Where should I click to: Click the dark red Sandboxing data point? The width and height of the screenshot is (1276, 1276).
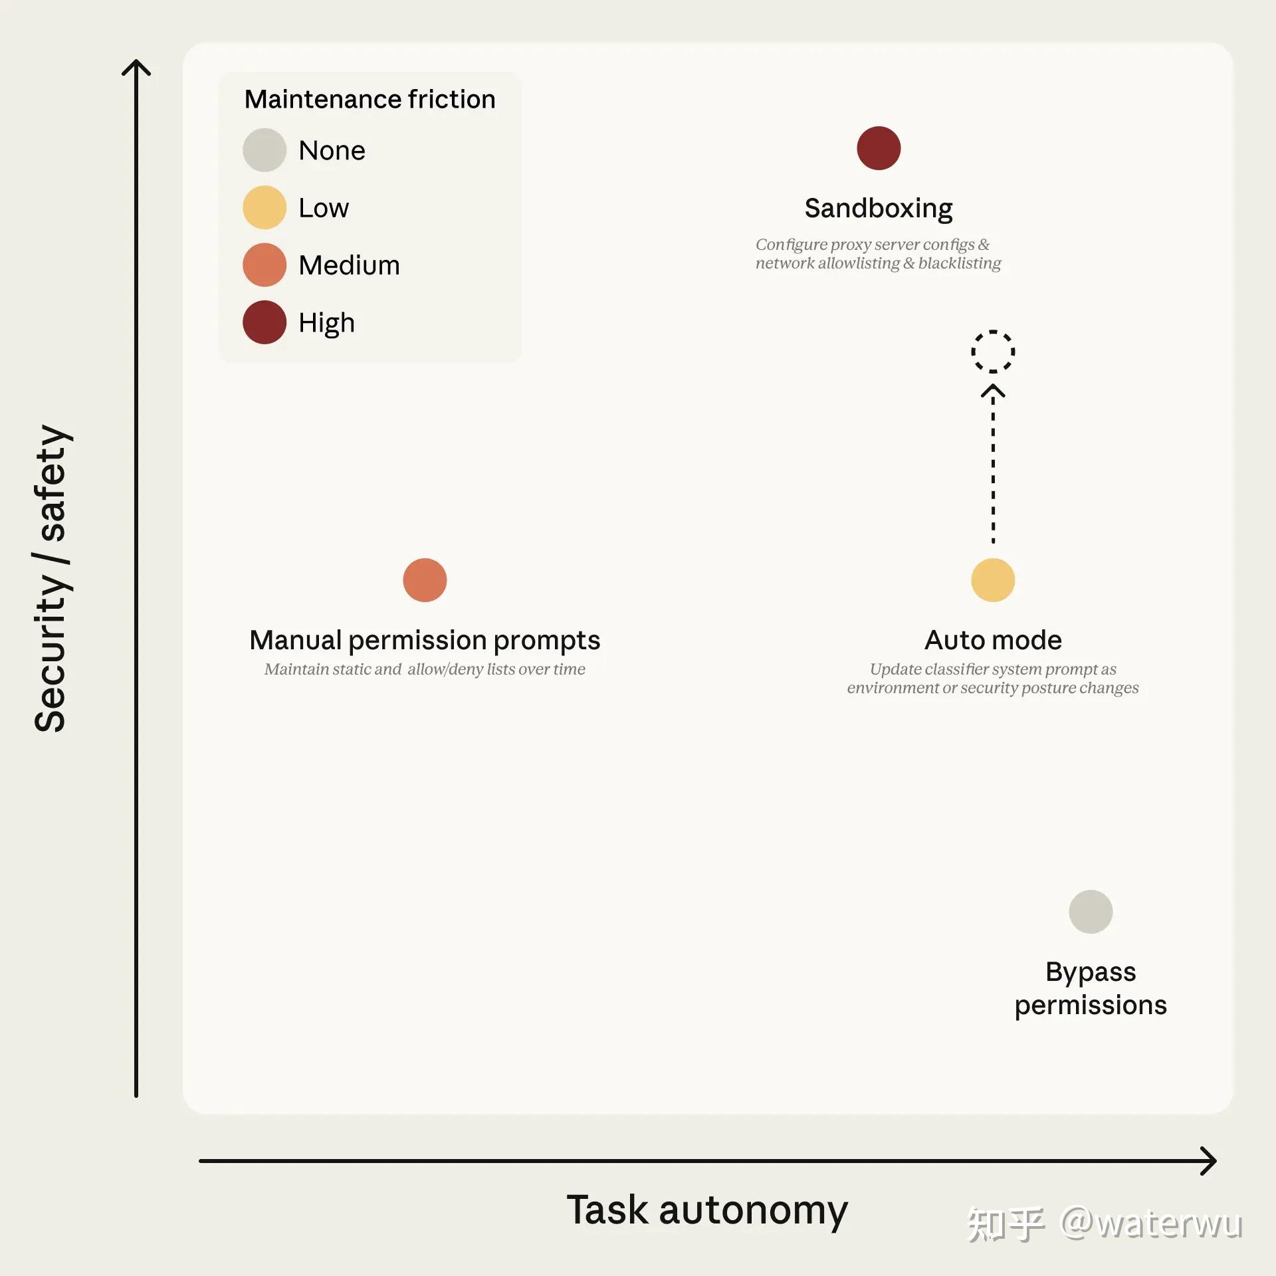879,148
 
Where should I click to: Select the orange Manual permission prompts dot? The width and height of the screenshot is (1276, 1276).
425,580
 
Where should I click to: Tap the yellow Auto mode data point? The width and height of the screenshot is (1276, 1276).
993,580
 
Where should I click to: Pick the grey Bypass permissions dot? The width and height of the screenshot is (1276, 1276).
1091,912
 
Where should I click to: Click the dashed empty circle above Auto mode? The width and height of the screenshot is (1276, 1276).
993,331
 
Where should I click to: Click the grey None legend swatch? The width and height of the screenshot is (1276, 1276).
265,150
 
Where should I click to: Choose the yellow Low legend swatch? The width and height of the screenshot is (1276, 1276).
265,207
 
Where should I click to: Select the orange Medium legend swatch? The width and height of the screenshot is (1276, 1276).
265,265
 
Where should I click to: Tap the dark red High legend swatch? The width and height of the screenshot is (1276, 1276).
265,322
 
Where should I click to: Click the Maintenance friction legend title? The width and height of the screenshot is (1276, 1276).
370,100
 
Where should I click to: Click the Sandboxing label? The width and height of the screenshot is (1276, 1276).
879,209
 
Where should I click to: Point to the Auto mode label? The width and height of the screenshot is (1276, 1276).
993,640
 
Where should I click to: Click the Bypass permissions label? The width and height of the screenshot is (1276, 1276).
1091,989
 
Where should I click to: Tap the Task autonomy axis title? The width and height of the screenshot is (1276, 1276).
707,1210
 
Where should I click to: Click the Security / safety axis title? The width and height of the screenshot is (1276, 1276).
51,578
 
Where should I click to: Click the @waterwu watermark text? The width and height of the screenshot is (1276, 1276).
1150,1223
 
